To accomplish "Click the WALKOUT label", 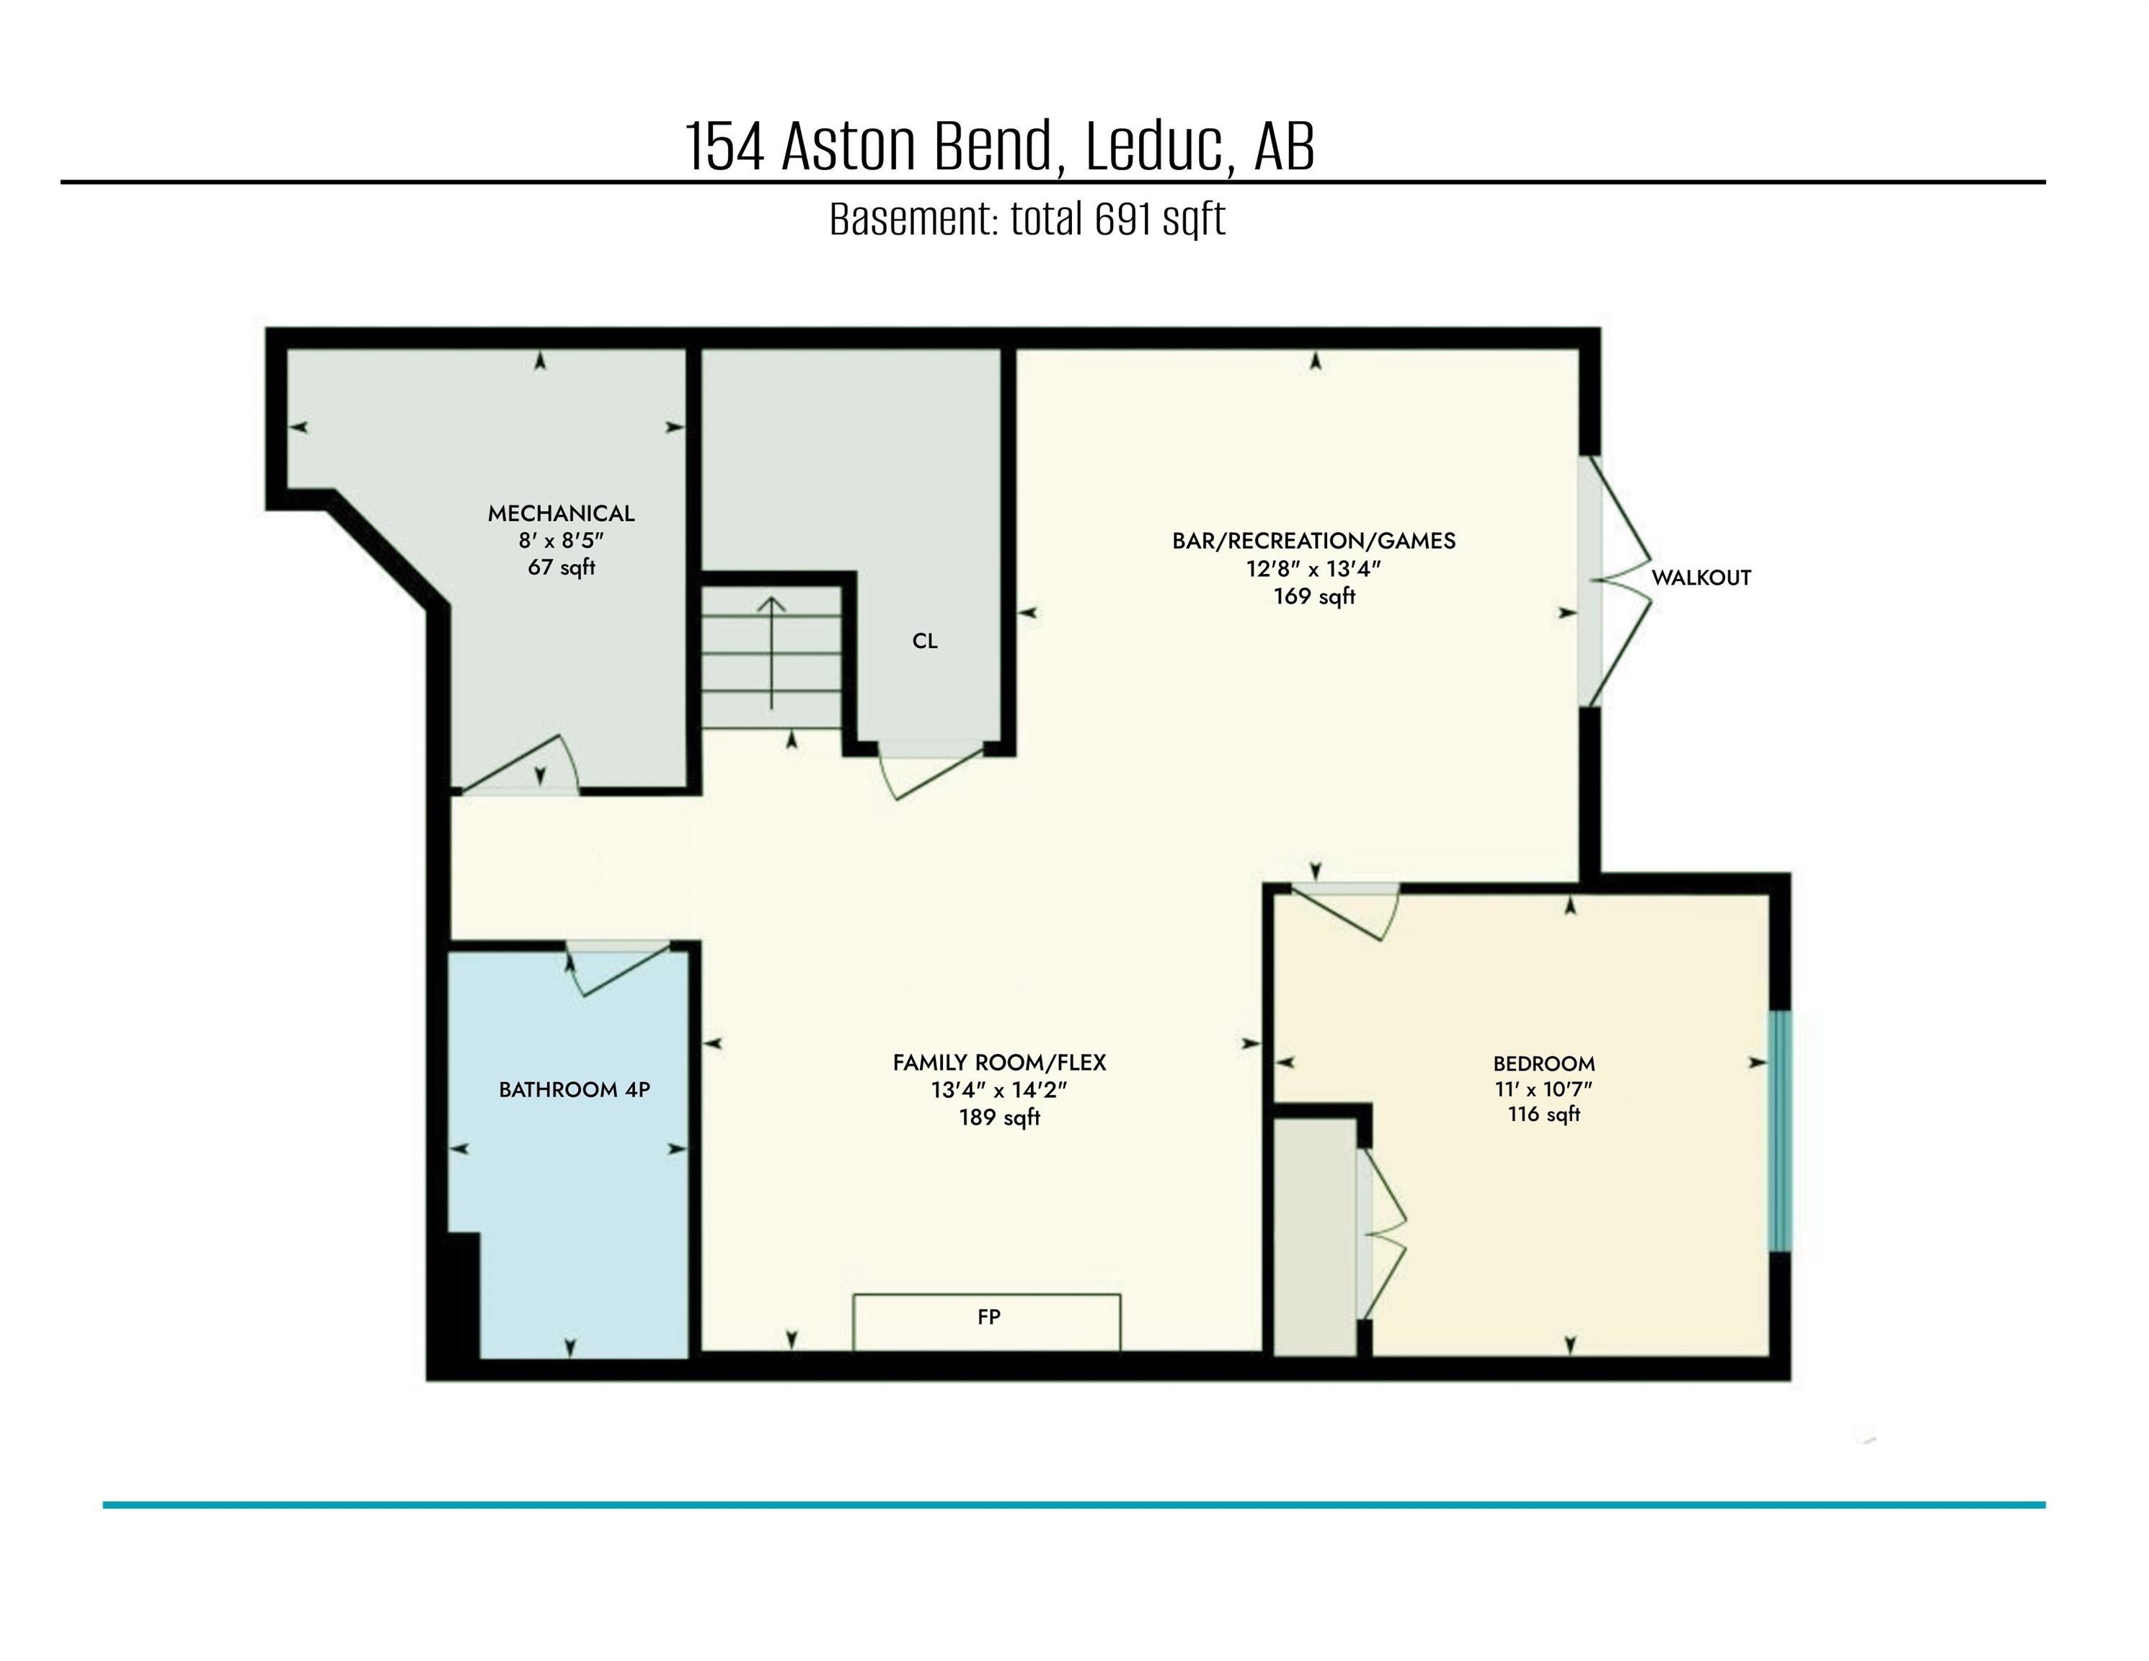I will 1701,577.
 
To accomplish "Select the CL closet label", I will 924,642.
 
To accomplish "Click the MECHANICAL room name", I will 561,513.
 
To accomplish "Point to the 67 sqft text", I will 561,568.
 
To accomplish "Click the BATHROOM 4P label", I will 574,1090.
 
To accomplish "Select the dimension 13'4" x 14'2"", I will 998,1090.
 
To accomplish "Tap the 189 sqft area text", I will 998,1118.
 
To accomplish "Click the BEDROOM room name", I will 1543,1063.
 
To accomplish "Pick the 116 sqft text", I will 1543,1115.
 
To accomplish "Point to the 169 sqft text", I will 1313,596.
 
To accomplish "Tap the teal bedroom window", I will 1779,1132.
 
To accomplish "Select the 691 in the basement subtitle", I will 1124,219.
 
